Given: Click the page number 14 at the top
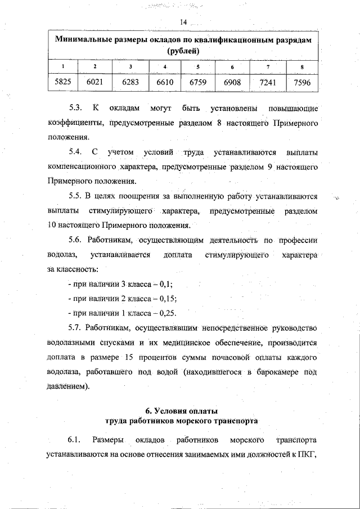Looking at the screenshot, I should pyautogui.click(x=183, y=22).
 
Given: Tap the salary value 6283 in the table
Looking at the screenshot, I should pyautogui.click(x=130, y=83).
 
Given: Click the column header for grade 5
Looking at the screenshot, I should pyautogui.click(x=198, y=67).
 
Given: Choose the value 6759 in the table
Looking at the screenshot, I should pyautogui.click(x=198, y=83).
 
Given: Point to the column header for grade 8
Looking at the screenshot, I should pyautogui.click(x=302, y=67).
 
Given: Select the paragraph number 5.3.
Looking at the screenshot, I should pyautogui.click(x=75, y=107).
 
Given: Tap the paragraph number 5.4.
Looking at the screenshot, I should pyautogui.click(x=75, y=152).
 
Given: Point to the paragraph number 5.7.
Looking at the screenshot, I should pyautogui.click(x=75, y=328).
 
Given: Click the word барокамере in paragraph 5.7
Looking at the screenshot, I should pyautogui.click(x=271, y=372).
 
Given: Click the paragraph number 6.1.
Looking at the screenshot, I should pyautogui.click(x=75, y=439).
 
